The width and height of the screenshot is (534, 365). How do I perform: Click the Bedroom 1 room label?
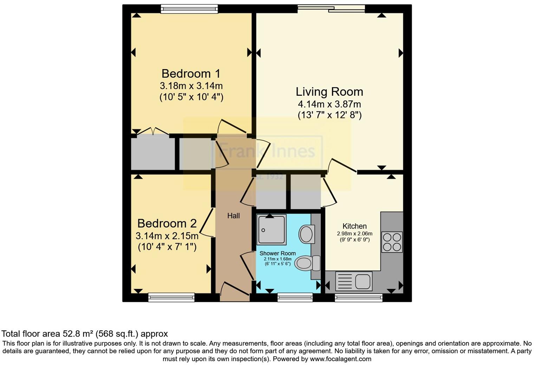coord(191,74)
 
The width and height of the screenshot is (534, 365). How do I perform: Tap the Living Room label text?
coord(329,92)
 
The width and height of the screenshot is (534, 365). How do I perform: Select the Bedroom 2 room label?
coord(167,223)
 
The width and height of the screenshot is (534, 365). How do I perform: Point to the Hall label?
coord(233,216)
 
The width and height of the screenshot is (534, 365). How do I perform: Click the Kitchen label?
coord(354,226)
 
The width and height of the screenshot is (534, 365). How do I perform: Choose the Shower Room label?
coord(278,253)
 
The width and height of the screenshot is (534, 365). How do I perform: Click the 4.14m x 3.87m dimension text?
coord(329,104)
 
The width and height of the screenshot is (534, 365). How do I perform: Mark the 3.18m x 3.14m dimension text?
coord(191,86)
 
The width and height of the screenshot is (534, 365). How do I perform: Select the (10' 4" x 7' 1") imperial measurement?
coord(167,247)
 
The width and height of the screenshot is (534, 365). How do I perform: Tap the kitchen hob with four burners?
coord(392,242)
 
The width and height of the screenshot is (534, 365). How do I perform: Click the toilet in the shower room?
coord(306,263)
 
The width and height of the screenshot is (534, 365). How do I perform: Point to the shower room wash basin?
coord(306,234)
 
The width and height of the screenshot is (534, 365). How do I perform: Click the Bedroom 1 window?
coord(189,9)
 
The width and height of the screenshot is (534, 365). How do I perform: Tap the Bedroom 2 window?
coord(171,297)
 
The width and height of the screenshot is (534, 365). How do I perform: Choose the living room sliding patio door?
coord(331,8)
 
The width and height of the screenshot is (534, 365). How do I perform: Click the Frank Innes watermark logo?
coord(267,152)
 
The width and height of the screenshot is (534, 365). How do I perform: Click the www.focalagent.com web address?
coord(340,359)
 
